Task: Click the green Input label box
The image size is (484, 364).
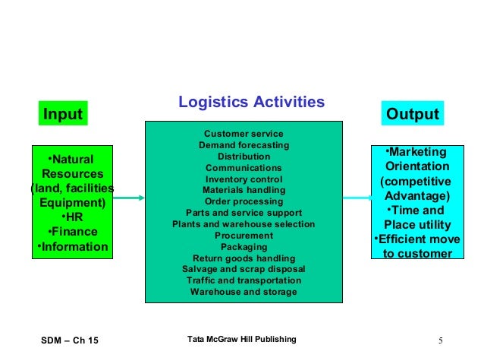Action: (x=62, y=115)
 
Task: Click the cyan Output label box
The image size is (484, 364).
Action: (x=413, y=114)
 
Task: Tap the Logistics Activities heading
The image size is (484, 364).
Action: (x=251, y=103)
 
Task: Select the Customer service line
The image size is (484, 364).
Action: (x=244, y=133)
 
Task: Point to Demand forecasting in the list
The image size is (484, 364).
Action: (x=244, y=145)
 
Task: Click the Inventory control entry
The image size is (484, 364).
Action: (x=244, y=179)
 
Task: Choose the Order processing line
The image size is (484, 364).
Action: (x=244, y=201)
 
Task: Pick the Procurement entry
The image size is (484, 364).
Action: (x=244, y=236)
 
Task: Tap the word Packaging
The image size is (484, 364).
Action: (x=244, y=247)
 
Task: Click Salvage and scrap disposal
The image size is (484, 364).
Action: (x=244, y=269)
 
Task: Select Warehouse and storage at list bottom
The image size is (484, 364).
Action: (x=244, y=292)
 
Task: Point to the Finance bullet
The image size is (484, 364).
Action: (x=71, y=232)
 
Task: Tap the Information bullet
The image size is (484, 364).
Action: (x=71, y=247)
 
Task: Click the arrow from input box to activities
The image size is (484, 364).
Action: (x=128, y=198)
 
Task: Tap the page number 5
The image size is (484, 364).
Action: (x=441, y=339)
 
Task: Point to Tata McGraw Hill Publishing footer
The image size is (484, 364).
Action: (x=242, y=338)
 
